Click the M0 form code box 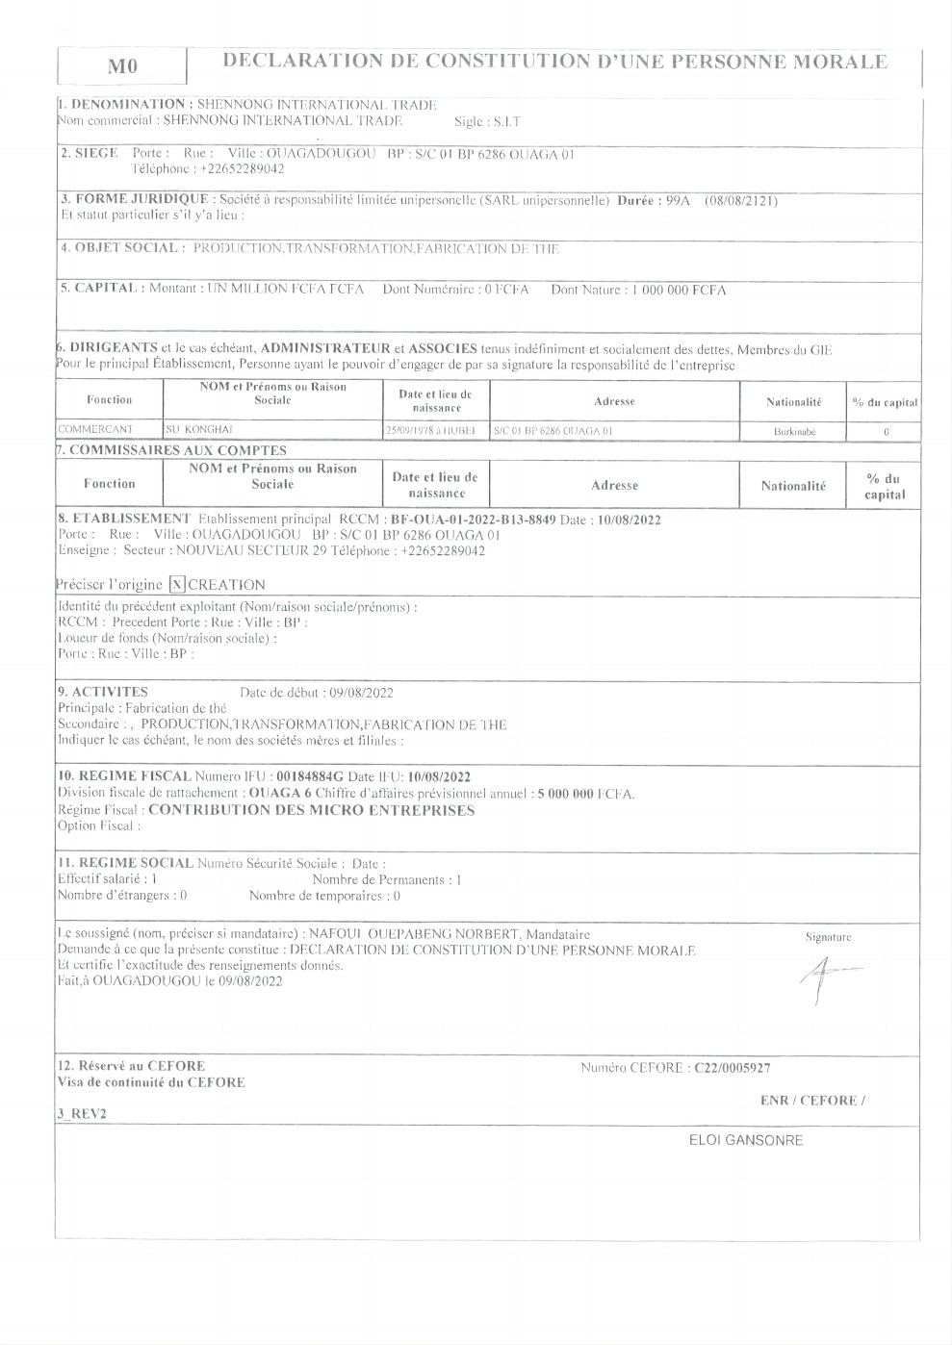122,66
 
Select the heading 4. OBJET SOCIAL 120,248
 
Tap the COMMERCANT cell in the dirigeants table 95,431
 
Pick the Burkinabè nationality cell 794,432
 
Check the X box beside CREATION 177,584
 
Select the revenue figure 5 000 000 552,794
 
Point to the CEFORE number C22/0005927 732,1067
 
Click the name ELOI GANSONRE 746,1140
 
